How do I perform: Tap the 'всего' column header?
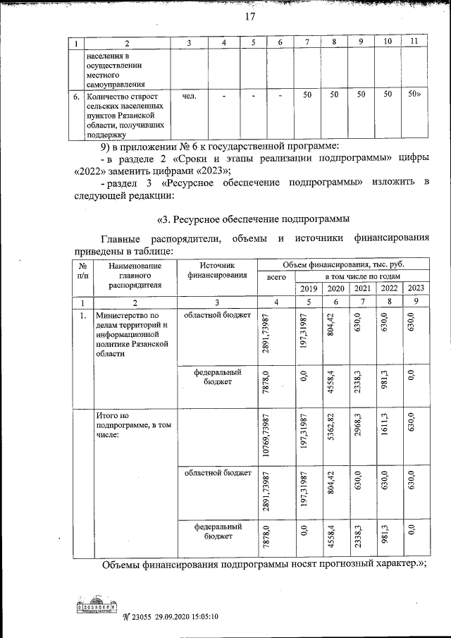[276, 278]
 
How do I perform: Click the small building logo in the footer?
[97, 604]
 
